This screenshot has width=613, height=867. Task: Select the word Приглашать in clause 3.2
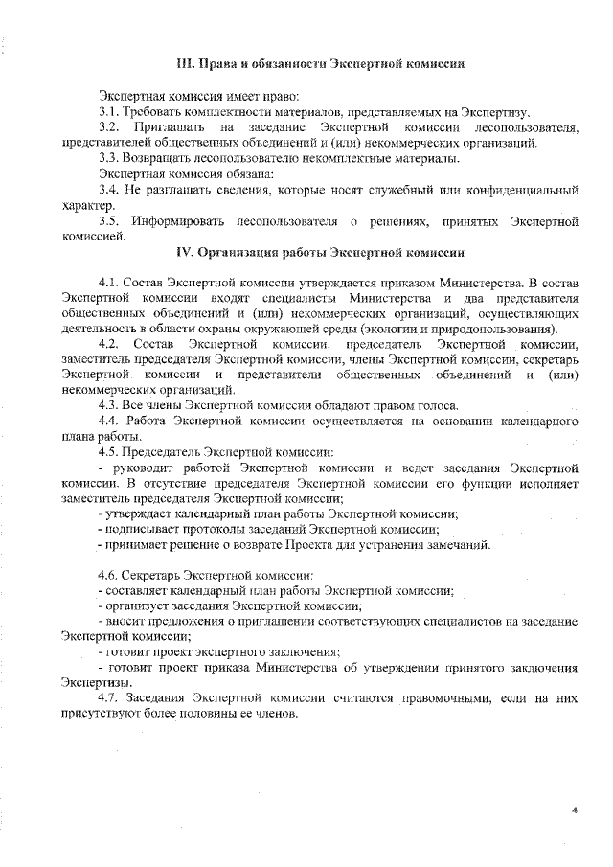169,127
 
